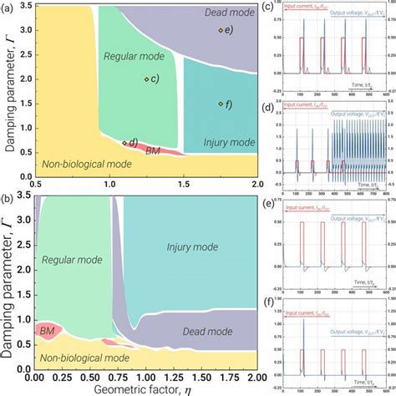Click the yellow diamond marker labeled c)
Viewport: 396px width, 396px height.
click(x=146, y=79)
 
